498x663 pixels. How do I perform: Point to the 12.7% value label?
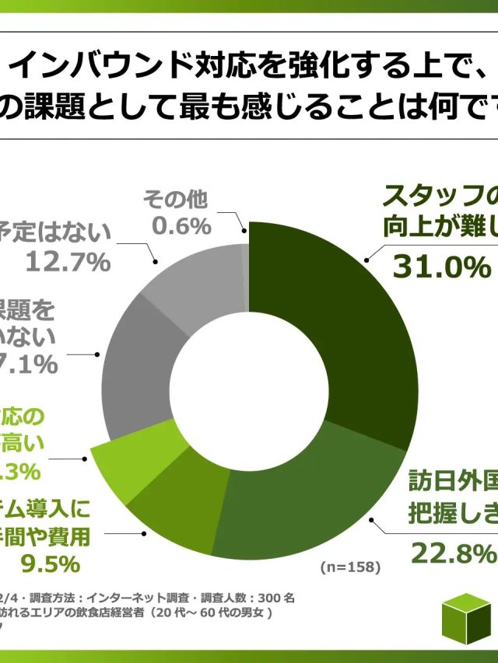coord(68,262)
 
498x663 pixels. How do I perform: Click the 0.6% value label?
coord(181,226)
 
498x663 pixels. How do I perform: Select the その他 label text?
coord(175,200)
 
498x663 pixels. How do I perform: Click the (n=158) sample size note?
coord(350,567)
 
